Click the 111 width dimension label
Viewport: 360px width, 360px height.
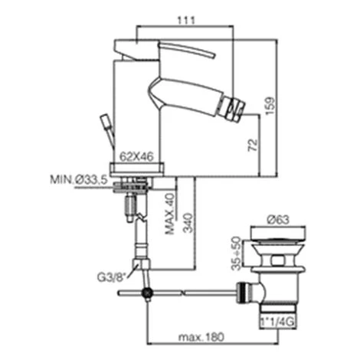pos(185,20)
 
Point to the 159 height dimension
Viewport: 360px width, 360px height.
pos(270,106)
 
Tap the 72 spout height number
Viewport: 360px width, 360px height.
pos(253,145)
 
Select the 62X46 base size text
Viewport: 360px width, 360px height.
pos(136,156)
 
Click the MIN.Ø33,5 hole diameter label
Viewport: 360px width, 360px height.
pos(79,179)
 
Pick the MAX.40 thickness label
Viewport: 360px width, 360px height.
pos(170,214)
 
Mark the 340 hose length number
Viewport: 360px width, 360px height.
pos(188,223)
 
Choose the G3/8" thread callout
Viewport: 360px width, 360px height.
pos(112,277)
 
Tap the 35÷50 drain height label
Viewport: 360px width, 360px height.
pos(236,254)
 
